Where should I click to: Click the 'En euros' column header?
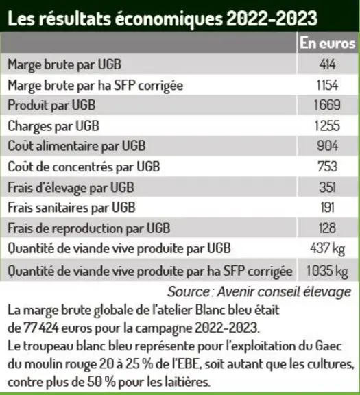point(327,43)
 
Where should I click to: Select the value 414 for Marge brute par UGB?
point(328,64)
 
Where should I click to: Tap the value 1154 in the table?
point(327,85)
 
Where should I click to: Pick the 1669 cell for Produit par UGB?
point(327,105)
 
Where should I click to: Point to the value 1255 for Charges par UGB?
point(327,125)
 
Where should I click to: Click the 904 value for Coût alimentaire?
point(327,146)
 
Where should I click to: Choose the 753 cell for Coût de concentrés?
point(327,167)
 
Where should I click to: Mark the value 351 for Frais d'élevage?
point(327,187)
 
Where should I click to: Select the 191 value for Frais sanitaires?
point(328,208)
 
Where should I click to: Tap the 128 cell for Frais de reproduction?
point(327,228)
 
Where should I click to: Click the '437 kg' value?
point(327,249)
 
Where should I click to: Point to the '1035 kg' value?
point(327,272)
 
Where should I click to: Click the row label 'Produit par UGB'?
point(51,106)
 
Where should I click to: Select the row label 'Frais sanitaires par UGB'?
point(71,208)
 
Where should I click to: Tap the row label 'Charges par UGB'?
point(53,126)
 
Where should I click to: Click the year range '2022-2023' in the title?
point(272,19)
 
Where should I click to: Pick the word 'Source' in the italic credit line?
point(189,291)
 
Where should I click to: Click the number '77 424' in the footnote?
point(41,328)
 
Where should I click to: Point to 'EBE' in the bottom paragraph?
point(189,364)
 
